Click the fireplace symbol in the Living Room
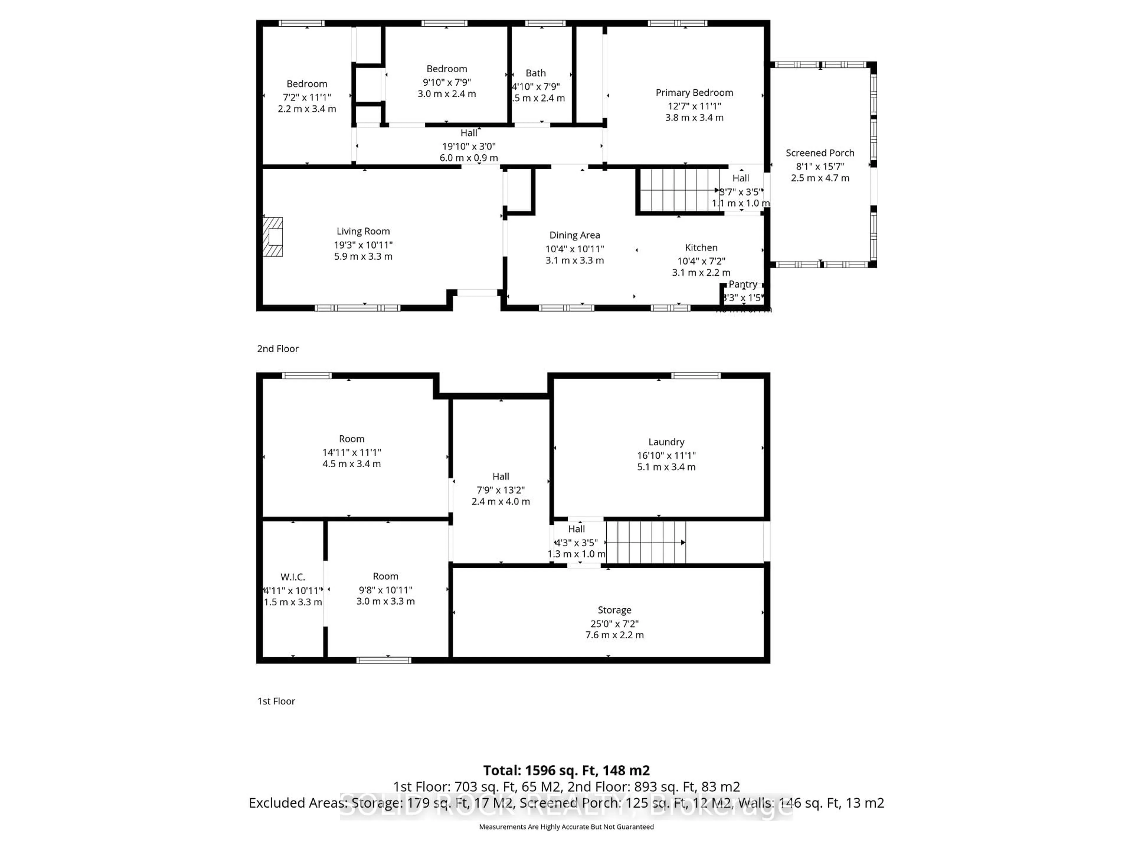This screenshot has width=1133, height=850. pos(273,237)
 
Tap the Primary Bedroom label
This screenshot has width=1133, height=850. pos(694,93)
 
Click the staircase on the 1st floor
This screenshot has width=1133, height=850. pos(645,542)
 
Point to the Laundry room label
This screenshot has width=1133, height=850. pos(666,442)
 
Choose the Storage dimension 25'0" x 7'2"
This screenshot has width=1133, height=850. pos(614,624)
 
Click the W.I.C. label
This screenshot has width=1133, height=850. pos(292,577)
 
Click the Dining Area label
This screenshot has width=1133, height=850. pos(574,235)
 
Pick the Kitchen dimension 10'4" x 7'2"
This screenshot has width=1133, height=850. pos(701,261)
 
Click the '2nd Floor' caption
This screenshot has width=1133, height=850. pos(278,348)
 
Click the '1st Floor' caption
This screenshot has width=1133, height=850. pos(276,701)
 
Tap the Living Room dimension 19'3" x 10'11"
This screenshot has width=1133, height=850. pos(363,245)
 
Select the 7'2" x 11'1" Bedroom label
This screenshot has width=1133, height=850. pos(307,84)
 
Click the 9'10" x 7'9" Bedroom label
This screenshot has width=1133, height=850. pos(447,69)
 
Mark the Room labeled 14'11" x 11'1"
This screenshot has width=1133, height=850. pos(351,439)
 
